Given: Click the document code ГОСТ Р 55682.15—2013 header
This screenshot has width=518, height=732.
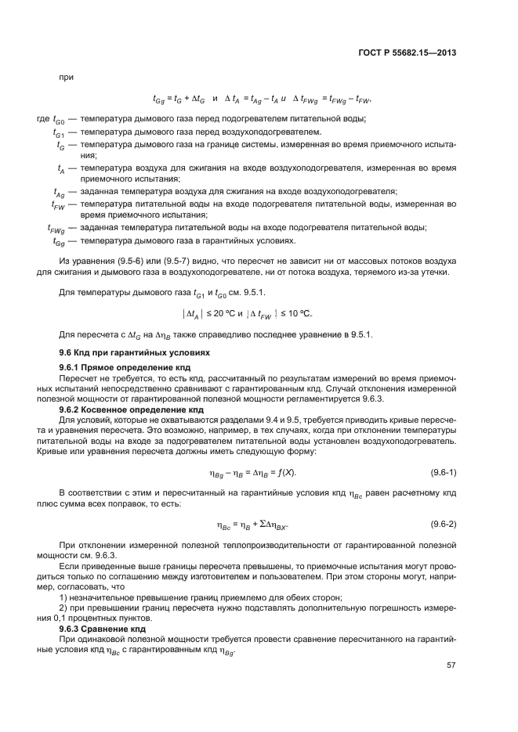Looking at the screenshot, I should pyautogui.click(x=408, y=53).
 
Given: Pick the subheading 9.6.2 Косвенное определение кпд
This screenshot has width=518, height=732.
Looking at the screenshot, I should pyautogui.click(x=121, y=409).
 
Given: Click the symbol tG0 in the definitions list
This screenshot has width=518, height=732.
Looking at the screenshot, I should pyautogui.click(x=59, y=120).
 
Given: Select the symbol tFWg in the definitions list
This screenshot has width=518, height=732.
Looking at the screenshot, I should pyautogui.click(x=56, y=229).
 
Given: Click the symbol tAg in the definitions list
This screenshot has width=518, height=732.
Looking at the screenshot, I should pyautogui.click(x=59, y=193).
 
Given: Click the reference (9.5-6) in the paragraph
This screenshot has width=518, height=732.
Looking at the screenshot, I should pyautogui.click(x=114, y=261).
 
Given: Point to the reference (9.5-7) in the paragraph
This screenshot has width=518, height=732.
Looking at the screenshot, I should pyautogui.click(x=158, y=261).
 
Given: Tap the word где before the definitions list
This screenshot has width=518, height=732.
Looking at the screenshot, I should pyautogui.click(x=43, y=119).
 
